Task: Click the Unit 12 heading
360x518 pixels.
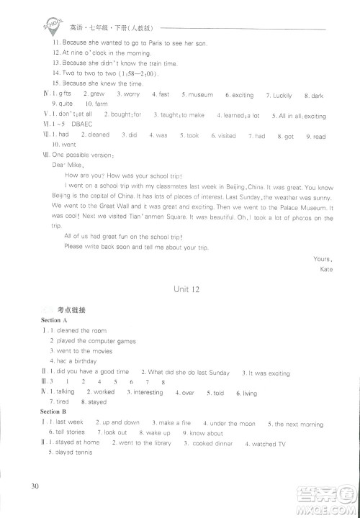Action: pyautogui.click(x=186, y=289)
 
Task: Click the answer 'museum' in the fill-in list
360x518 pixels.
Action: pyautogui.click(x=201, y=95)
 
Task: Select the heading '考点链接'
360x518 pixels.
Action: pyautogui.click(x=71, y=310)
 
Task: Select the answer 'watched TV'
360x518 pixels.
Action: pyautogui.click(x=269, y=444)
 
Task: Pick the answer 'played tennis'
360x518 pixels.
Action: pyautogui.click(x=71, y=454)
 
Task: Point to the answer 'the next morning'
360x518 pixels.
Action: pyautogui.click(x=299, y=423)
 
